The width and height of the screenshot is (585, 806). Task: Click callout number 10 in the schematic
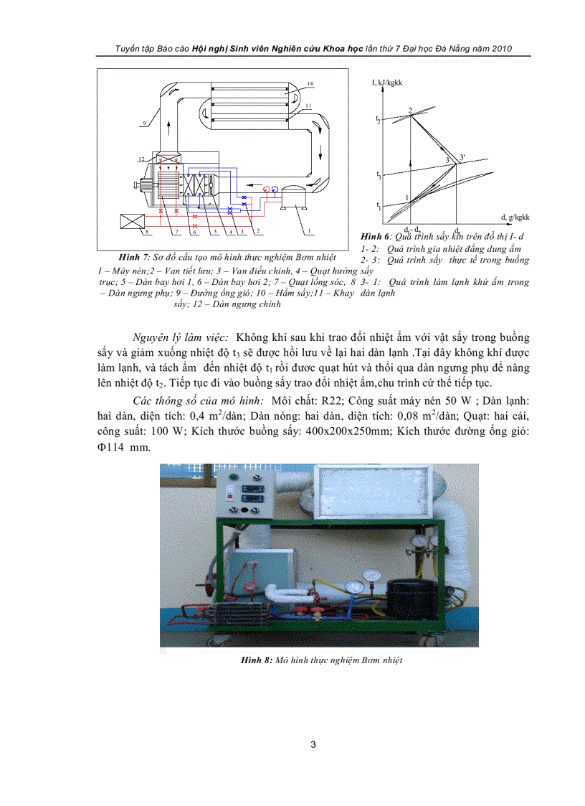tap(310, 84)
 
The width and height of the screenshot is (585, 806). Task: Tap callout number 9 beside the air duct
tap(144, 123)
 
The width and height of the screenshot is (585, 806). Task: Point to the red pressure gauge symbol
tap(267, 189)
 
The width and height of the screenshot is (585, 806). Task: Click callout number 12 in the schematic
tap(142, 156)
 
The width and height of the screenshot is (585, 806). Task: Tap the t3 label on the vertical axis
tap(379, 174)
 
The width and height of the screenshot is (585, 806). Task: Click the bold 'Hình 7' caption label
tap(132, 256)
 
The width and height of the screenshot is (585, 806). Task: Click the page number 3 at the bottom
tap(313, 744)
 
